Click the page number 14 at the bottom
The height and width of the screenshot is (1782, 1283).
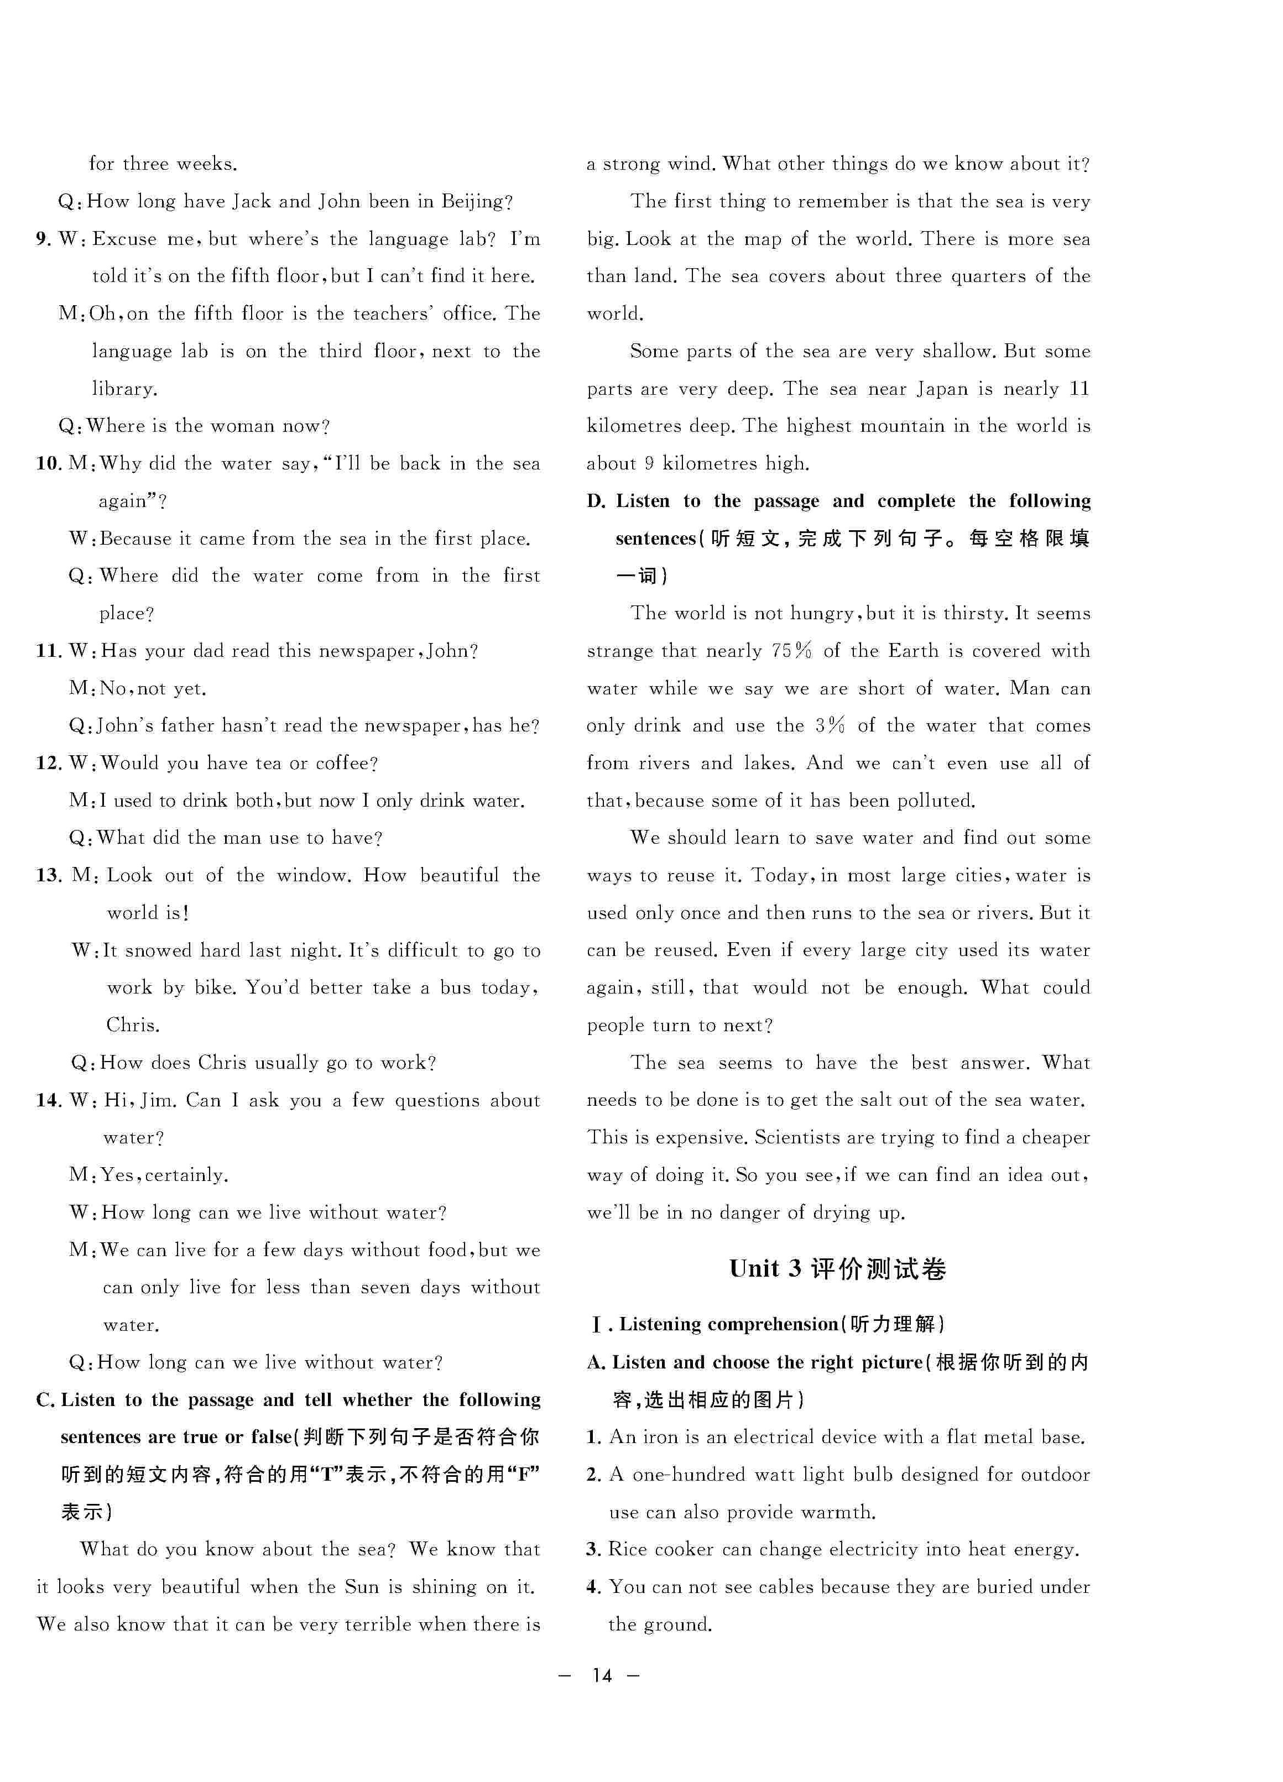602,1676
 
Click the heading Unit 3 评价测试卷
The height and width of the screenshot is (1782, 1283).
837,1269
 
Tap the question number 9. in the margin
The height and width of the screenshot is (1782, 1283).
43,239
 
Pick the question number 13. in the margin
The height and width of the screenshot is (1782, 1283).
49,875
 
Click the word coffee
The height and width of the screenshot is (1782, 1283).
345,763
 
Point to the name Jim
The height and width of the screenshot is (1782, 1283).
158,1100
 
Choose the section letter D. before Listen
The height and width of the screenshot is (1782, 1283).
596,501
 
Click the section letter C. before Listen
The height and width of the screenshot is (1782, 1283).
45,1399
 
